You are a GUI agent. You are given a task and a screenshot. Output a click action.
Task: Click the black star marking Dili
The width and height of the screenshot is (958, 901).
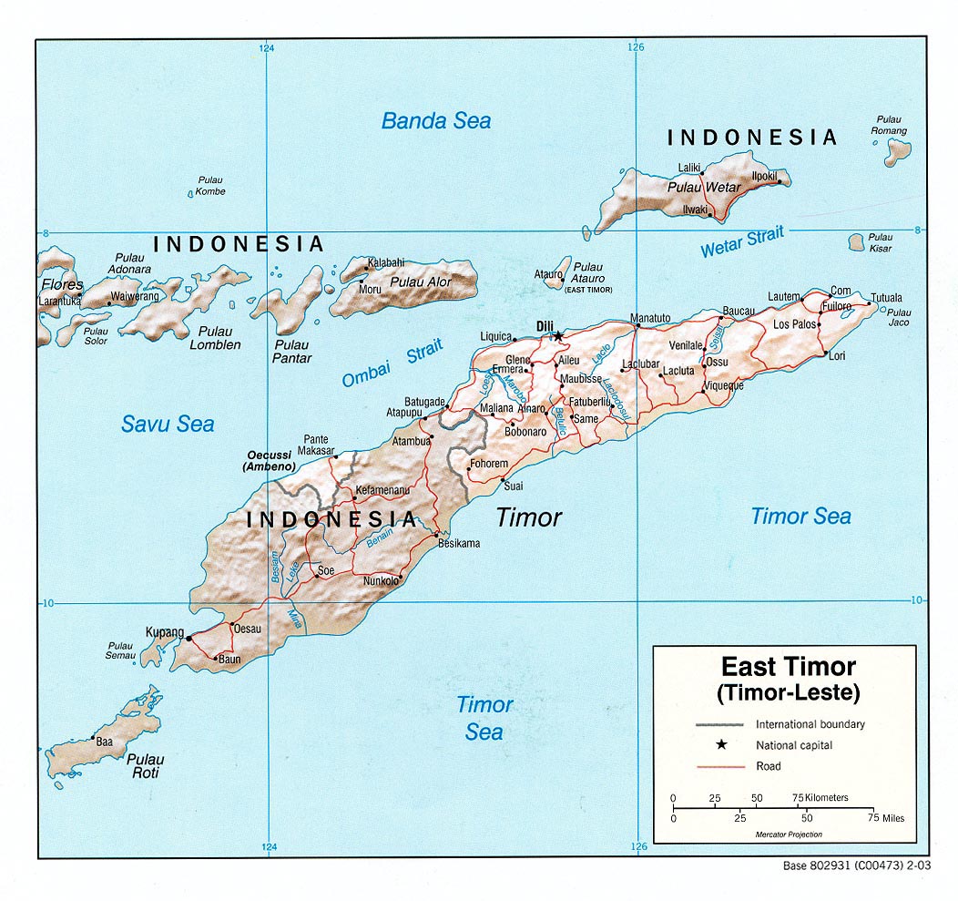[x=557, y=336]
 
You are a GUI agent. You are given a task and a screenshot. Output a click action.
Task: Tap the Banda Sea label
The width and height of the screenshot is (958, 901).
[x=435, y=121]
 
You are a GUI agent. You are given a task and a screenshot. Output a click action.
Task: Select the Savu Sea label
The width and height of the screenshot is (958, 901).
[x=168, y=424]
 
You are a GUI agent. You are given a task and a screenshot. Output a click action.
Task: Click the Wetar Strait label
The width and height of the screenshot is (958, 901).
[x=741, y=242]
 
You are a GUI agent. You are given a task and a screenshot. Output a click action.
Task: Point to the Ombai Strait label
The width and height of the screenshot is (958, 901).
[x=392, y=363]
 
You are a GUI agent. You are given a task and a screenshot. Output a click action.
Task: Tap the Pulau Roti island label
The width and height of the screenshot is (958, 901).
[x=145, y=766]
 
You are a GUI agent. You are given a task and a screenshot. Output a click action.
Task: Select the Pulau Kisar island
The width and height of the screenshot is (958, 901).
[x=856, y=242]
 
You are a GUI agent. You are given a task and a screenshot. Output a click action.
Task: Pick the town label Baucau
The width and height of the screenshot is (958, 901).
[x=739, y=312]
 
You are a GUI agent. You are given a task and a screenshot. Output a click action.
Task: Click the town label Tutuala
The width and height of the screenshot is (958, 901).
[x=886, y=298]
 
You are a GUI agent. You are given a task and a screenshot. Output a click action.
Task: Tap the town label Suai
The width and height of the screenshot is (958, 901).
[x=514, y=486]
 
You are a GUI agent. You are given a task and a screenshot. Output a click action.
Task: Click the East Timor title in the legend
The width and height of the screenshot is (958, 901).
[x=788, y=667]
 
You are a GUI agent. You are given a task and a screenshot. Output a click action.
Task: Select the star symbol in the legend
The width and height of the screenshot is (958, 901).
[x=721, y=745]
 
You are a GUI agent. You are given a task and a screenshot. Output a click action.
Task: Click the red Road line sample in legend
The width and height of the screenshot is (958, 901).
[x=721, y=766]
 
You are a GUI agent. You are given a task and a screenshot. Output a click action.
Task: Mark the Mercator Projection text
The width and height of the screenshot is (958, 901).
[x=788, y=834]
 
